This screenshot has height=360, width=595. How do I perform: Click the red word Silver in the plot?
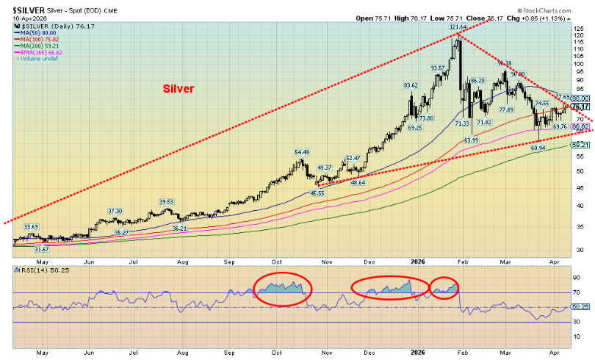pos(178,89)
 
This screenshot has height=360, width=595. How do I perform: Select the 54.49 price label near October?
pos(302,152)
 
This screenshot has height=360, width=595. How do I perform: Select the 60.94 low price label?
pos(537,148)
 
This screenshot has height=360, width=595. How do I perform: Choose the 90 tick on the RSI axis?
pos(577,278)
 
